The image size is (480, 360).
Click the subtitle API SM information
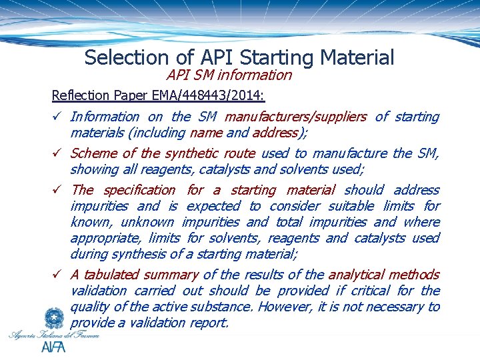(x=229, y=75)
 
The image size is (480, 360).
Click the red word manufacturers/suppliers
(x=295, y=117)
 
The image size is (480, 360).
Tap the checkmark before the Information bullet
(x=58, y=117)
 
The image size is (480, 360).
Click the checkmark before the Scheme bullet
(x=58, y=153)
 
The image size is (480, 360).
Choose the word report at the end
(x=207, y=323)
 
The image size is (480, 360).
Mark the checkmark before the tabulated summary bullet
(x=58, y=275)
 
